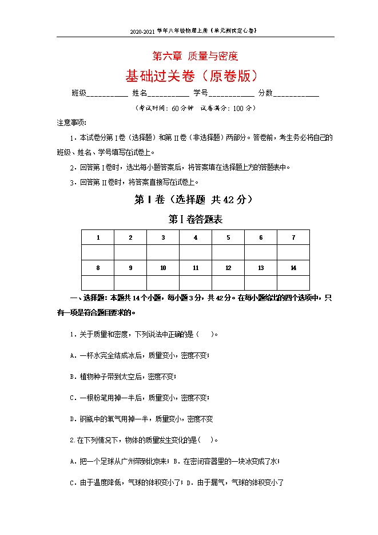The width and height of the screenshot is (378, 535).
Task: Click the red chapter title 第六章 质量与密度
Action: (194, 56)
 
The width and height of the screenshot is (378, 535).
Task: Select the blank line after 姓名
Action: (169, 94)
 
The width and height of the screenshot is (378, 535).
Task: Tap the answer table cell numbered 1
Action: (98, 237)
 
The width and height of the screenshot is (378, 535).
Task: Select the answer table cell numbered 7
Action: (293, 237)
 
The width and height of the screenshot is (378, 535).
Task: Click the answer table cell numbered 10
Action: (163, 268)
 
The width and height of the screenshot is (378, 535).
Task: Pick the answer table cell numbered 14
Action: (293, 268)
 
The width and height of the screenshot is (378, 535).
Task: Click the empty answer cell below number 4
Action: (196, 252)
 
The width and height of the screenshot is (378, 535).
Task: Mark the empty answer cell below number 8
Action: (98, 283)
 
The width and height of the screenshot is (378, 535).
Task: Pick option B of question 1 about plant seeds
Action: (123, 377)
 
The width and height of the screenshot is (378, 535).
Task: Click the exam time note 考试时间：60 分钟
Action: (164, 108)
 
